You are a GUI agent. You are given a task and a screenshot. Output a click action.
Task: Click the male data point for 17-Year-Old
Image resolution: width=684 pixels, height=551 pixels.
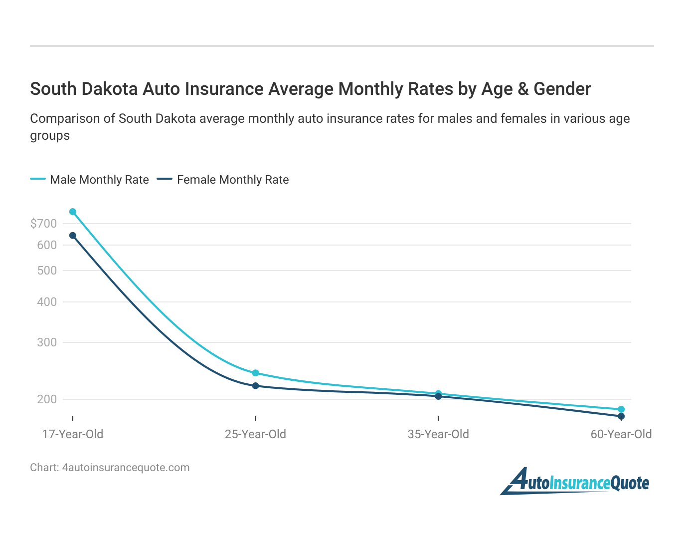(73, 212)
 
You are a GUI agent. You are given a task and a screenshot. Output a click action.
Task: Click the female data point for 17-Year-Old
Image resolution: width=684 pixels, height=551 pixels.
(73, 236)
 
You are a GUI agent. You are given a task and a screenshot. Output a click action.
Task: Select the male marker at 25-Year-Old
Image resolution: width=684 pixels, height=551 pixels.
(256, 373)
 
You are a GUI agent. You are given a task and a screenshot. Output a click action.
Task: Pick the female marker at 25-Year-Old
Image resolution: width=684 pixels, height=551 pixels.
(256, 386)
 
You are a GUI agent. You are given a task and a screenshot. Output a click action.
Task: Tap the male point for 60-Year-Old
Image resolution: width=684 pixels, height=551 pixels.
(621, 409)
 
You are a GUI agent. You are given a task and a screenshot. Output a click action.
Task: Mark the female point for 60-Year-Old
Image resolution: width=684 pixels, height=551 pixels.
(621, 416)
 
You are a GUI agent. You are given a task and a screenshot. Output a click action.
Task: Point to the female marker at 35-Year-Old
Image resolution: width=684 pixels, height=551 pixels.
(438, 397)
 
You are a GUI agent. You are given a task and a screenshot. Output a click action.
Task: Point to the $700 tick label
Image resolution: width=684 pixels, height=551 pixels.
(43, 224)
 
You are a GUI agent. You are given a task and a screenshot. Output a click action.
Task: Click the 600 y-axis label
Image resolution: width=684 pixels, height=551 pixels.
(47, 245)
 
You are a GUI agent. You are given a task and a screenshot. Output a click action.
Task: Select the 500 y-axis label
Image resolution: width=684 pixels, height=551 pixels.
(47, 271)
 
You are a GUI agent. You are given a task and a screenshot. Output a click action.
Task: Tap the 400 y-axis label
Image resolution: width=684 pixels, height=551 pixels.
(47, 302)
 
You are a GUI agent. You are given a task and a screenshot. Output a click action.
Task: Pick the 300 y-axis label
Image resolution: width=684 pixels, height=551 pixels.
(47, 342)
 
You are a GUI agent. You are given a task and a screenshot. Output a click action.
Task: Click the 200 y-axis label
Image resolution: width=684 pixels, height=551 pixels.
(47, 399)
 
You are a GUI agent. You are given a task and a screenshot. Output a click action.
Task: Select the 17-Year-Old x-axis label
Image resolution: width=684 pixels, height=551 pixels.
(73, 434)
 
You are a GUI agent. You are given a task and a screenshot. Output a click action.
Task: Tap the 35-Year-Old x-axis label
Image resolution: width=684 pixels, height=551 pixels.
(438, 434)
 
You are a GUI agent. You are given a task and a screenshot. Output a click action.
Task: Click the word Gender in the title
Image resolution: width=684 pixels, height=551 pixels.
(562, 89)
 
